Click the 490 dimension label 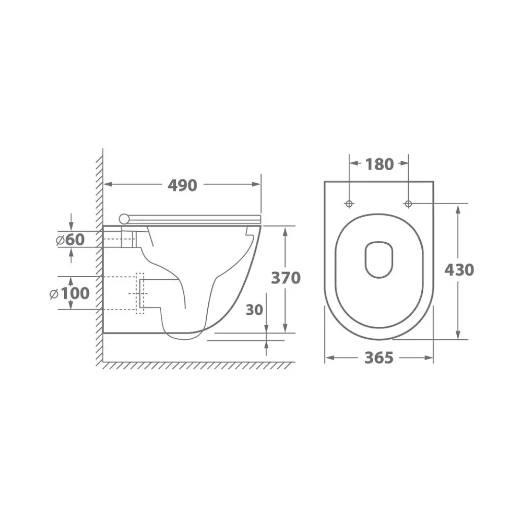click(x=182, y=185)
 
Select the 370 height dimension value click(x=286, y=278)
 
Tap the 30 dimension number click(x=254, y=310)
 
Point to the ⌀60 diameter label click(x=70, y=240)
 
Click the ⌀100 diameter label click(x=69, y=293)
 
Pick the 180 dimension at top click(x=379, y=164)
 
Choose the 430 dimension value click(x=459, y=270)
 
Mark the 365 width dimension click(x=378, y=358)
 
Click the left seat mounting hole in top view click(x=349, y=203)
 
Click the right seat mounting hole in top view click(x=408, y=203)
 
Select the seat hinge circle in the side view click(x=124, y=218)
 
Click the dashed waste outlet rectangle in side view click(x=139, y=293)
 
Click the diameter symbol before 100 click(x=53, y=294)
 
